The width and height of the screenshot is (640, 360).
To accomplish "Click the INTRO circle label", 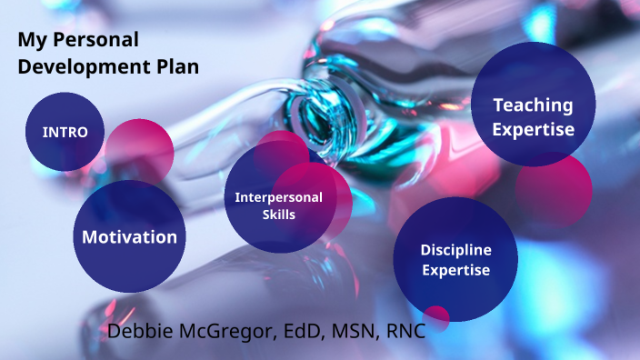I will point(65,132).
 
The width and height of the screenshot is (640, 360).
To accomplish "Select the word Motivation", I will point(129,237).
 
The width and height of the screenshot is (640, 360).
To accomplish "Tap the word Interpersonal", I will point(279,197).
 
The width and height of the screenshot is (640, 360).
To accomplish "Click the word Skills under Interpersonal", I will point(278,215).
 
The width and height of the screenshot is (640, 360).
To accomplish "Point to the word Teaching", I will point(533,105).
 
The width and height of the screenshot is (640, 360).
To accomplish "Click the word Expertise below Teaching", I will point(534,129).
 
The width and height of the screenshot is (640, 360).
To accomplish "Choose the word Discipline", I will point(455,249).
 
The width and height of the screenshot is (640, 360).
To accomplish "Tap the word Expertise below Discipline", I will point(455,270).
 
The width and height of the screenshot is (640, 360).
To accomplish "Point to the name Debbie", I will point(137,331).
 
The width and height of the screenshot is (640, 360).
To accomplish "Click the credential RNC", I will point(405,331).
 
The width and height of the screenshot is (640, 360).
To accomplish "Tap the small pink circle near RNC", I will point(437,316).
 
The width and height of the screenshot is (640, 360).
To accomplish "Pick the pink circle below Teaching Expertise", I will point(555,189).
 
